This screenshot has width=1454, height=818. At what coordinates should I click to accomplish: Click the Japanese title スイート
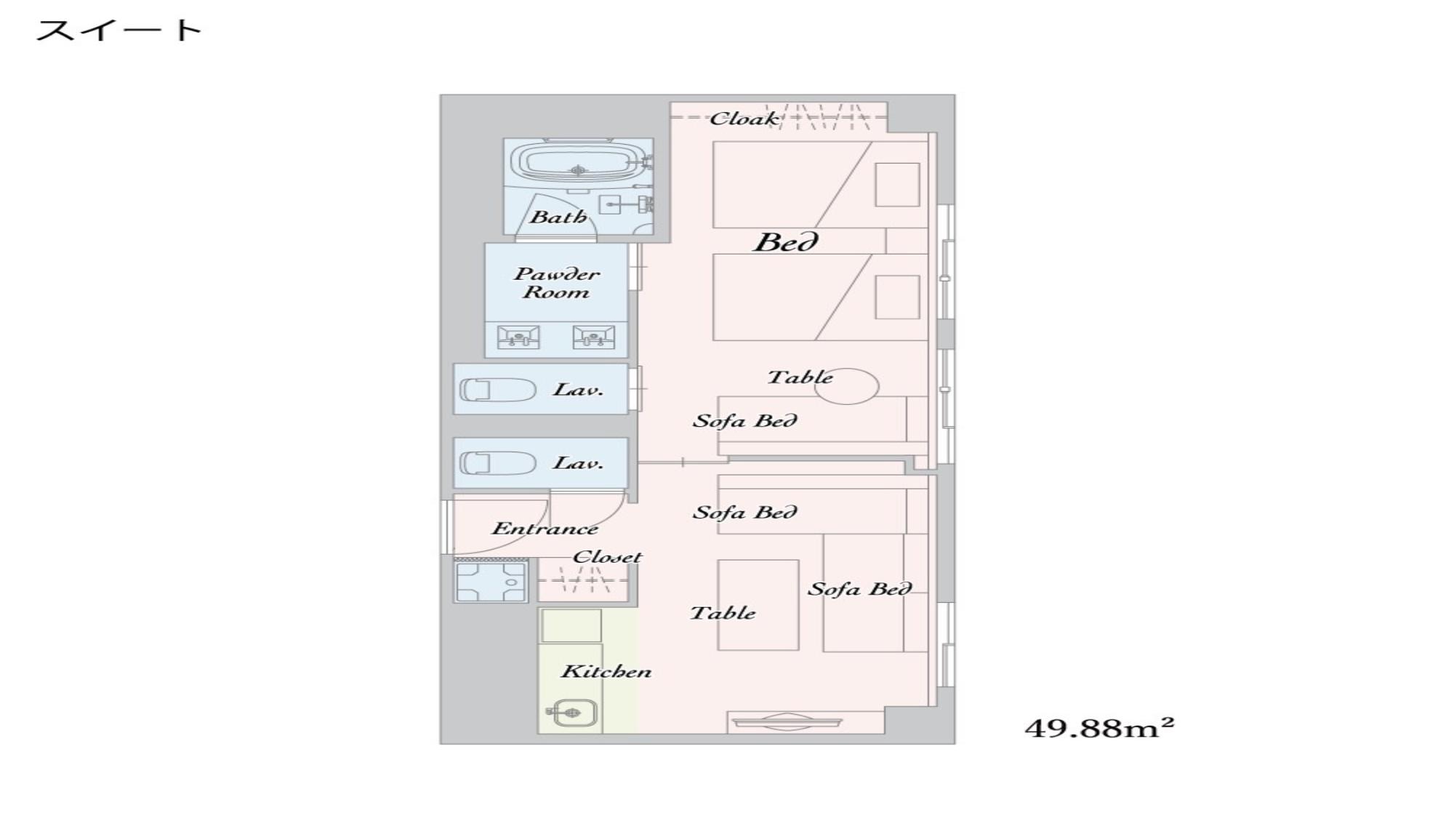119,31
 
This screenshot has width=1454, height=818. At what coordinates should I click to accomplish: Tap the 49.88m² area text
1099,727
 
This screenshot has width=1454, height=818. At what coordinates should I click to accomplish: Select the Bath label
558,216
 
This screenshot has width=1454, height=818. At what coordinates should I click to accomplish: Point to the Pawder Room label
557,283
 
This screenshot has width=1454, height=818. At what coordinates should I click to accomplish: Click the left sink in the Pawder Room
518,337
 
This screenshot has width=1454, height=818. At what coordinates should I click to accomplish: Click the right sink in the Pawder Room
593,337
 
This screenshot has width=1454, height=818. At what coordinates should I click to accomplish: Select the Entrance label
545,528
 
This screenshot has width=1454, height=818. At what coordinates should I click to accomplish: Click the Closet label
607,557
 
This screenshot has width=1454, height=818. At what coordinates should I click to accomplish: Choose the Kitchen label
606,670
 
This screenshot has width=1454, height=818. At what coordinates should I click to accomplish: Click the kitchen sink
572,713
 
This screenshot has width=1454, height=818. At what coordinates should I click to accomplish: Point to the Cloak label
744,118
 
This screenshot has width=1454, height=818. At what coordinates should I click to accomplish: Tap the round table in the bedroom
846,386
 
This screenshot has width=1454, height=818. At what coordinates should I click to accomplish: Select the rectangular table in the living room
758,605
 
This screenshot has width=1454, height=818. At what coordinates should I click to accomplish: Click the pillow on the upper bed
897,185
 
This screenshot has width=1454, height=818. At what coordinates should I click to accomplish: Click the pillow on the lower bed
897,297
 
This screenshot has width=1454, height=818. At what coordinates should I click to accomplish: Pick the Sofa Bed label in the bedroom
744,420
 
